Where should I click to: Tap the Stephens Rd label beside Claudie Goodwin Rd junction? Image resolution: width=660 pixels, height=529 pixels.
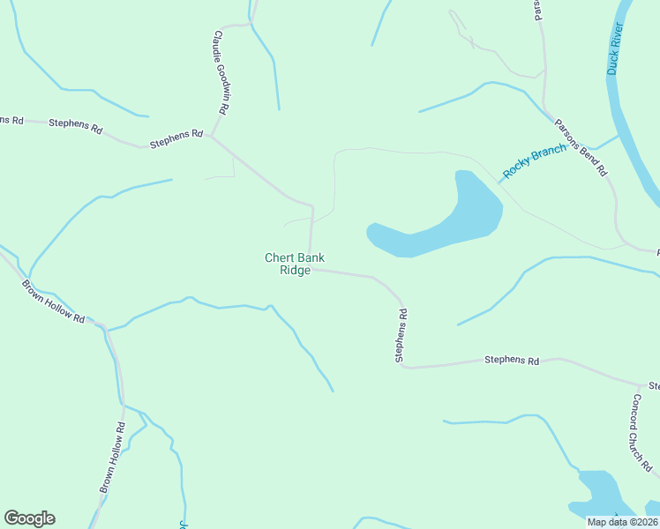click(176, 138)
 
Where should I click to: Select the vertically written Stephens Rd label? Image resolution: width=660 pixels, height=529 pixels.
click(401, 335)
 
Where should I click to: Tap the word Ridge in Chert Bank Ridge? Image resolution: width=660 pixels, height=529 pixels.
click(295, 271)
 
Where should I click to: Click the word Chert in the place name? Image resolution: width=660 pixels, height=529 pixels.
click(280, 258)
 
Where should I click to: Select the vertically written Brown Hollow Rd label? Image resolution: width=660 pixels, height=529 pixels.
click(112, 457)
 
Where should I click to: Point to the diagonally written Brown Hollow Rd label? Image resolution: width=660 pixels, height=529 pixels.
click(53, 302)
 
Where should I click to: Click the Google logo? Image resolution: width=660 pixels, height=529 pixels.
click(29, 518)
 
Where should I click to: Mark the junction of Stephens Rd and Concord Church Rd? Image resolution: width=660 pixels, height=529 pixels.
click(641, 384)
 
